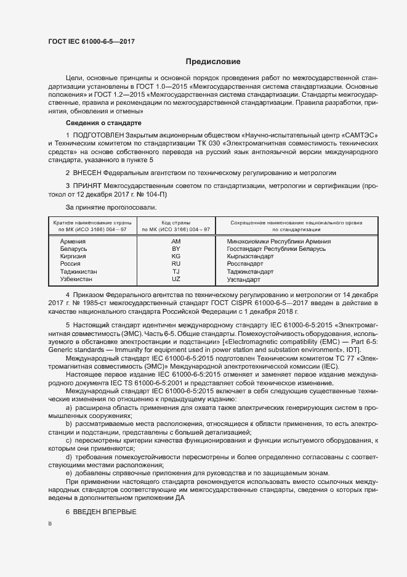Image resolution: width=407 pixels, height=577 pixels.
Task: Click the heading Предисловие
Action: click(214, 62)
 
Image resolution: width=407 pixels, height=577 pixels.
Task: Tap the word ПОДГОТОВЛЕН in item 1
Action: click(99, 134)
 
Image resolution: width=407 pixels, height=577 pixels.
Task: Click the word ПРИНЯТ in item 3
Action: click(87, 185)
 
